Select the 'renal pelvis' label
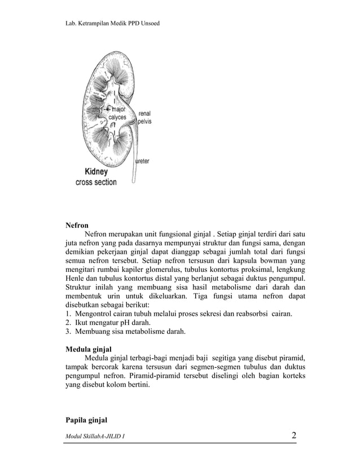click(x=144, y=117)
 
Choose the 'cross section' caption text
click(x=96, y=182)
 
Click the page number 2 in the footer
click(x=294, y=435)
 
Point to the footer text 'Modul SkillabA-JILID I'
click(x=95, y=437)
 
